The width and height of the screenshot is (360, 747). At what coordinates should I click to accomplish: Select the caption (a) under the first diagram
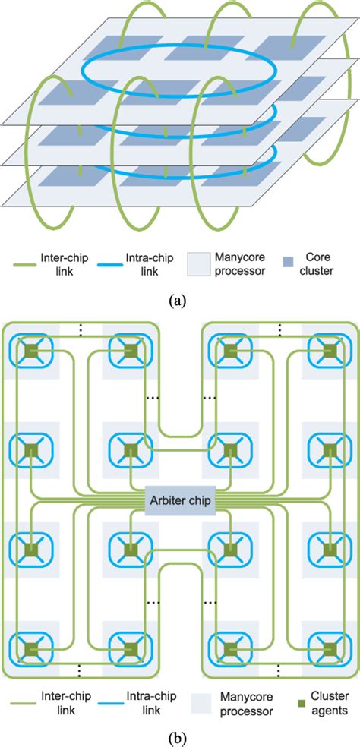point(180,300)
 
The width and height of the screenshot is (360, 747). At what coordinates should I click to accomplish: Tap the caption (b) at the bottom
point(180,736)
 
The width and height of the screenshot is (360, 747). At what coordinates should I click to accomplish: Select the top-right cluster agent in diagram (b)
point(329,351)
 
